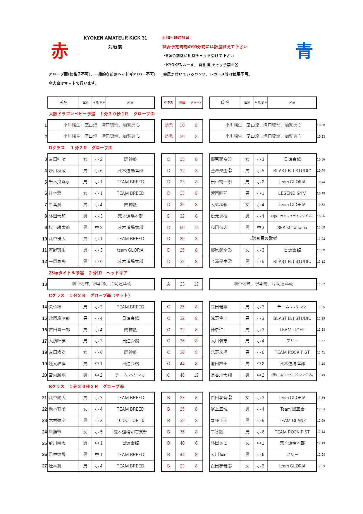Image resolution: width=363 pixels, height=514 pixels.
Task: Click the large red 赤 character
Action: tap(60, 51)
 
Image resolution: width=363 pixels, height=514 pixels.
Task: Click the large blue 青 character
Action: tap(304, 51)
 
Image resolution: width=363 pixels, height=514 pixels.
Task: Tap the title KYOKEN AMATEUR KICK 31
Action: tap(115, 38)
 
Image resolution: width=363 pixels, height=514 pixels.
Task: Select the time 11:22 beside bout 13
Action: tap(321, 284)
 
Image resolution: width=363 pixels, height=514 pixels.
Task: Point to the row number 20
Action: tap(44, 375)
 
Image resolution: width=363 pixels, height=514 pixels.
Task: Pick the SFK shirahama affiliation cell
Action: tap(292, 228)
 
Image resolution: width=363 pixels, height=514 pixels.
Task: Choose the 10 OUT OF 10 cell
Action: tap(130, 421)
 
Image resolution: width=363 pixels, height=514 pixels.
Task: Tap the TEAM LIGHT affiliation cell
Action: tap(292, 330)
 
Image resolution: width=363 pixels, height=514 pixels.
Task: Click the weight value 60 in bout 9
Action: tap(182, 228)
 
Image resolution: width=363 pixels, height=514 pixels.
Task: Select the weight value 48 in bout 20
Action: tap(182, 375)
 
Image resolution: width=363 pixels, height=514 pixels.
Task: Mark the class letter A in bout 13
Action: tap(168, 284)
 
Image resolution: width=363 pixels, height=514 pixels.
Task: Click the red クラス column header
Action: tap(168, 103)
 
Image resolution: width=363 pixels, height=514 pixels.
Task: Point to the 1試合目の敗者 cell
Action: tap(263, 238)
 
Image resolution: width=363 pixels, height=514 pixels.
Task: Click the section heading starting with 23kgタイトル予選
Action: tap(88, 273)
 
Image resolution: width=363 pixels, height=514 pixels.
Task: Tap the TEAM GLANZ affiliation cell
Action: tap(292, 421)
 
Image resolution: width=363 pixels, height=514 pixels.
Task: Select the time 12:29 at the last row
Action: tap(321, 466)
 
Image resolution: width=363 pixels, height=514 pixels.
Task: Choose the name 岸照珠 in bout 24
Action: tap(55, 432)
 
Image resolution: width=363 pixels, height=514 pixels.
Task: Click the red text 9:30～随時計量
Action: tap(176, 37)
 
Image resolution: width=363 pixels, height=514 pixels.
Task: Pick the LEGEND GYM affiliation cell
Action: tap(292, 193)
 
